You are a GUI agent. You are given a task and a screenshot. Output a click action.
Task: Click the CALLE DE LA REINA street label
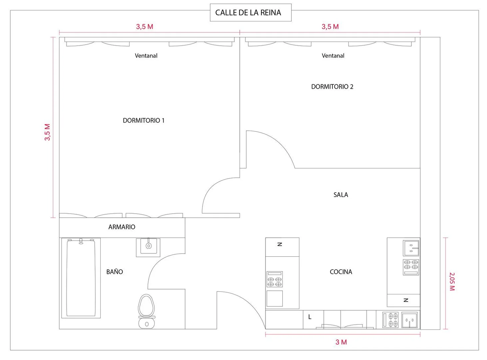point(248,13)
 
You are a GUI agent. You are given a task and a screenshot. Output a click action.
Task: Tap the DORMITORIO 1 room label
point(143,120)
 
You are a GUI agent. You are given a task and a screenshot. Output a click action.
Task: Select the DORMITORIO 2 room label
point(332,87)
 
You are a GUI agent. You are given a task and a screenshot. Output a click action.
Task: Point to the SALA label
point(340,195)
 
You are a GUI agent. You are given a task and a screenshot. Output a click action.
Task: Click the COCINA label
point(341,272)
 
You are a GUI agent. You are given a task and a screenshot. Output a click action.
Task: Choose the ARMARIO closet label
point(122,227)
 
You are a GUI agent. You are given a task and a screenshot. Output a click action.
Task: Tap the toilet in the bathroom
point(147,311)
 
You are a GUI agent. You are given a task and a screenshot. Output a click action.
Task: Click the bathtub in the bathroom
point(81,278)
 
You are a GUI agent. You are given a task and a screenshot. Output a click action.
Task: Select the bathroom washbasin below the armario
point(148,247)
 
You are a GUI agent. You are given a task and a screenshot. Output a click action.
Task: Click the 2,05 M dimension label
point(452,282)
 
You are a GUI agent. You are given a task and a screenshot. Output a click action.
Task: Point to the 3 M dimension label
point(341,342)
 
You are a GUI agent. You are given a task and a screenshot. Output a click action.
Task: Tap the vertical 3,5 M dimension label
point(47,132)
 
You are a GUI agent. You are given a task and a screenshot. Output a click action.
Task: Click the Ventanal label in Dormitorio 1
point(146,56)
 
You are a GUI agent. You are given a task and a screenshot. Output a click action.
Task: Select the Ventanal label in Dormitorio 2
point(333,56)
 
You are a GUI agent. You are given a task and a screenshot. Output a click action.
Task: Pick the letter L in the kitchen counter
point(309,317)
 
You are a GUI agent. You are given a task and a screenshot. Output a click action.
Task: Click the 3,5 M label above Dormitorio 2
point(330,27)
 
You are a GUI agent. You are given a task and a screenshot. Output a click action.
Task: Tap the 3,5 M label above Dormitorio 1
point(145,27)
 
